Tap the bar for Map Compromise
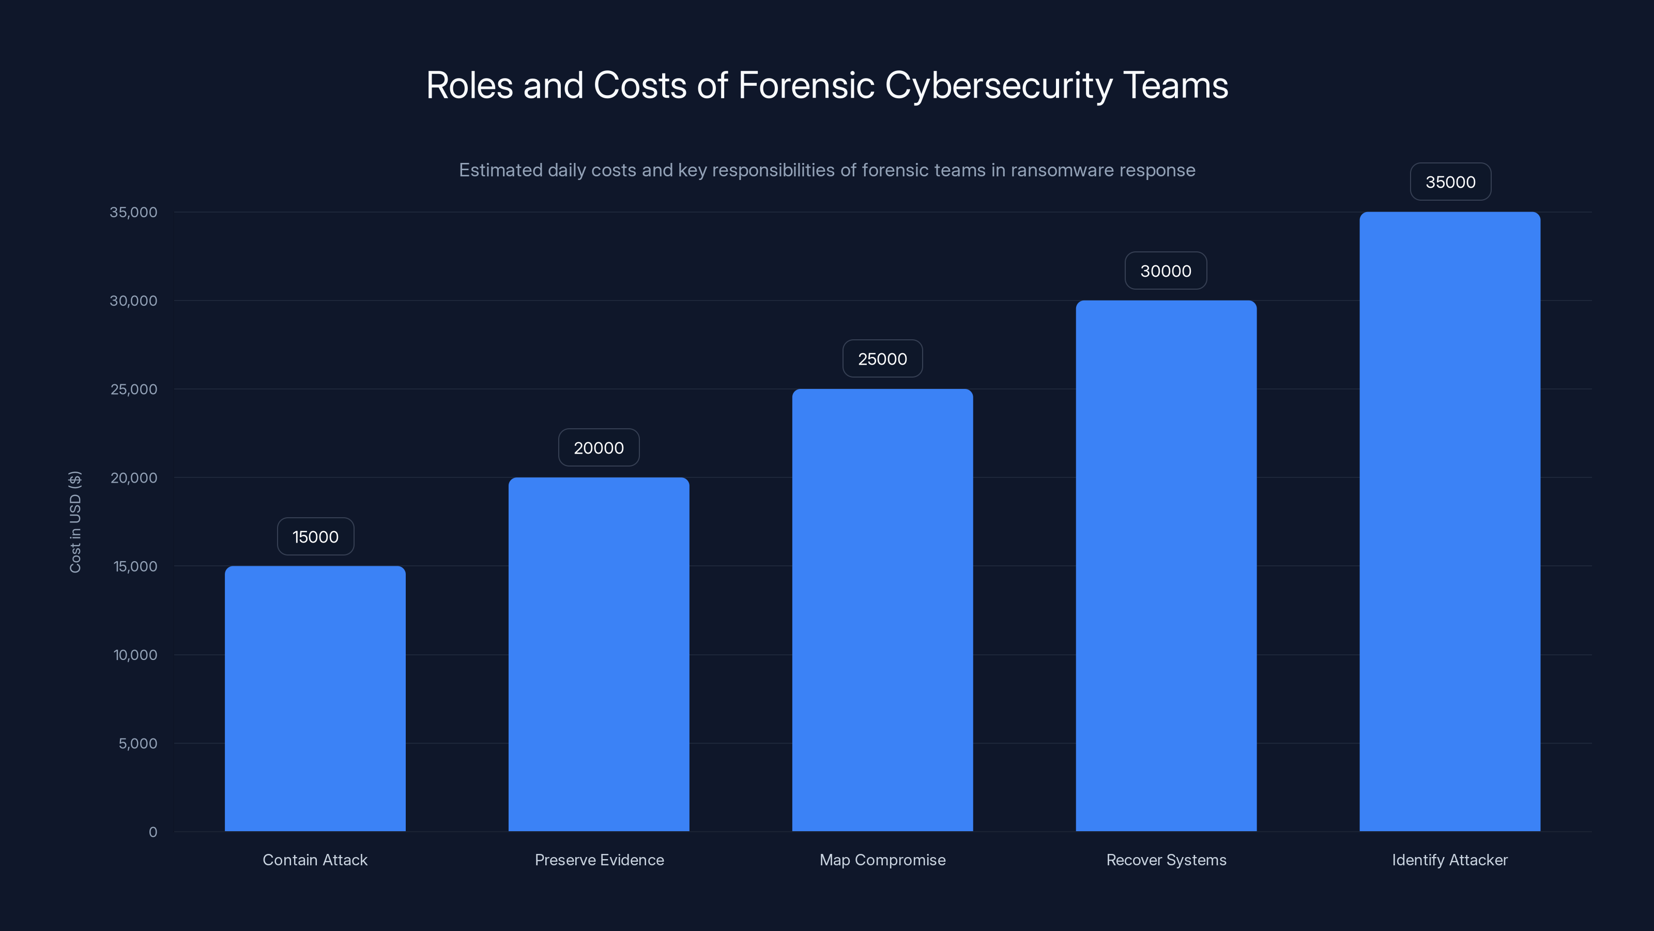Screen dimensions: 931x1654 (882, 610)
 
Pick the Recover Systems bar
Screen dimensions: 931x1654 (1166, 565)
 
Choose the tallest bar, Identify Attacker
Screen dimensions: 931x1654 (1450, 521)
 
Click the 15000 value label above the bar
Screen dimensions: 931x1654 (315, 536)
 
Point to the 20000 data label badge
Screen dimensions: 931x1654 (599, 448)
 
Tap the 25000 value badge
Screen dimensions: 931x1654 (882, 358)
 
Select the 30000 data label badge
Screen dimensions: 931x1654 (1166, 271)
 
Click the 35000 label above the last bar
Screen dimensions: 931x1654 (1450, 182)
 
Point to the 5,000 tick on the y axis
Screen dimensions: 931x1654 (137, 743)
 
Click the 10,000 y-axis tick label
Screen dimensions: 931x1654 (135, 655)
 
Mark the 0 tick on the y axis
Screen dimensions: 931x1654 (153, 832)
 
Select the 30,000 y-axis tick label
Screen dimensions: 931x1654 (133, 301)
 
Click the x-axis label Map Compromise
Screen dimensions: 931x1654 (882, 860)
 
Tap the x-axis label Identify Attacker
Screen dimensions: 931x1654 (1450, 860)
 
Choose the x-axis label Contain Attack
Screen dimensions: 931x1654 (315, 860)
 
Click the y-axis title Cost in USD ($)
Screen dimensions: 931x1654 (75, 522)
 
